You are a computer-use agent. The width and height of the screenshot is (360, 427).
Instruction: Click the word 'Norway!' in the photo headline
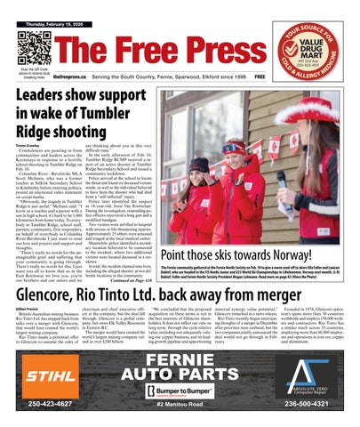295,253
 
